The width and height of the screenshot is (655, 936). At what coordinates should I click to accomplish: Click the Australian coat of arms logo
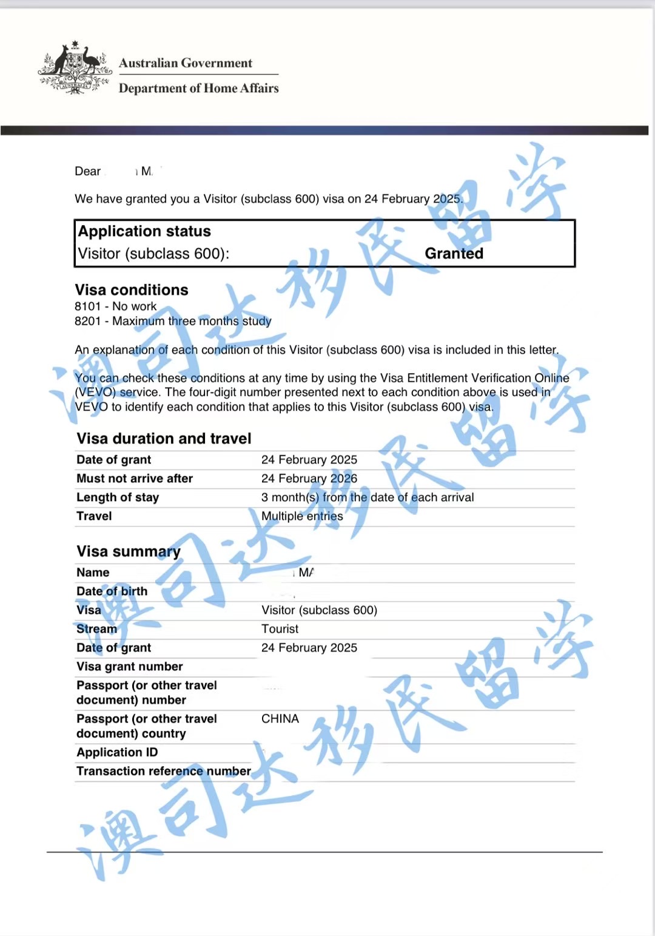(x=75, y=67)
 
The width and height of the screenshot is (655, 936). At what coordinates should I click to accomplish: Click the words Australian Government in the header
(x=186, y=63)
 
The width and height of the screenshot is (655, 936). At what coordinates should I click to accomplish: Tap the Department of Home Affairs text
(x=198, y=89)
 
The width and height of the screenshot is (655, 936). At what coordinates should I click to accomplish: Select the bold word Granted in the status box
(x=454, y=254)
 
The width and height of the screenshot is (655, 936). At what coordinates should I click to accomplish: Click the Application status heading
(x=144, y=232)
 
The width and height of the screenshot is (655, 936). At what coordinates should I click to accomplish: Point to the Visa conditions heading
(x=132, y=290)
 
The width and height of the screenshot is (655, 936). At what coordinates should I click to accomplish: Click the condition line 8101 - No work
(x=115, y=306)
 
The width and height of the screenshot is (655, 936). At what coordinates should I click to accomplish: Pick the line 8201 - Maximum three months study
(x=173, y=321)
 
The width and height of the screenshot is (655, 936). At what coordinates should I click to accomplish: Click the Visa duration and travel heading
(x=164, y=439)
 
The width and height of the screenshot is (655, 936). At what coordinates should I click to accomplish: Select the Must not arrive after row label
(x=135, y=479)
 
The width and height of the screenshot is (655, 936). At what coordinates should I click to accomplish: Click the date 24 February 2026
(x=309, y=479)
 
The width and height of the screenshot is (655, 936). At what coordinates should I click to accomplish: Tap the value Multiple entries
(x=302, y=516)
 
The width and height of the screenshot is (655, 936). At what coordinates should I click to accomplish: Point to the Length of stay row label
(x=118, y=497)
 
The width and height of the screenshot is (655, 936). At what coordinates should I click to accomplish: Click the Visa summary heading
(x=129, y=551)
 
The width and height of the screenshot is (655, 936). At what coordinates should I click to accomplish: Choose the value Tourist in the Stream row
(x=280, y=629)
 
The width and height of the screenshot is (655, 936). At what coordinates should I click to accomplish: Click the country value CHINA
(x=280, y=719)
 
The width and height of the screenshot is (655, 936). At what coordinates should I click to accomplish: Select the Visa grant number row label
(x=129, y=667)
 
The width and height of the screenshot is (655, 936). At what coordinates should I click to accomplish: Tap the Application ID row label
(x=117, y=752)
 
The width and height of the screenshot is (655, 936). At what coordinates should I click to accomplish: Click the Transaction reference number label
(x=164, y=771)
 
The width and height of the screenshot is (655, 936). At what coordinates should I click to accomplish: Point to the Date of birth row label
(x=112, y=591)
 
